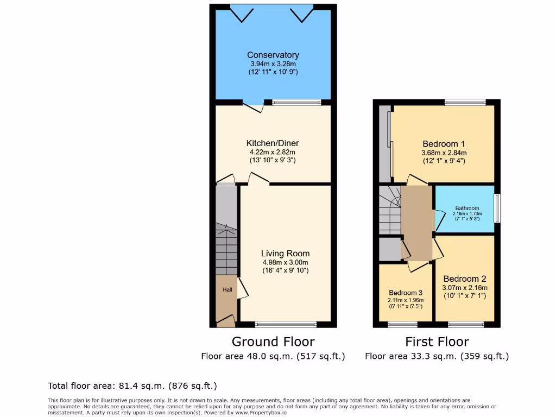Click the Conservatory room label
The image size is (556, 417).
click(x=273, y=55)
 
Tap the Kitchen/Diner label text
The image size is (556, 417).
click(x=273, y=143)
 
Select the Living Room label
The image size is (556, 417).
click(x=285, y=254)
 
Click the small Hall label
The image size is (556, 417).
click(x=227, y=290)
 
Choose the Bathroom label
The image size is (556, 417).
click(x=467, y=208)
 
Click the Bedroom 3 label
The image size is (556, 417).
click(x=406, y=293)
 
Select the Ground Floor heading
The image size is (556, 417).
click(x=273, y=342)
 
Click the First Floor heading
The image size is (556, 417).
click(x=437, y=342)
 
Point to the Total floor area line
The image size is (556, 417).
click(x=132, y=386)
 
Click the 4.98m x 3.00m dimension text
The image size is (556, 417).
click(x=285, y=262)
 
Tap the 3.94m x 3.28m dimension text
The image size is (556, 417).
click(x=273, y=64)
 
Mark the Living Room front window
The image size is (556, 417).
click(x=286, y=325)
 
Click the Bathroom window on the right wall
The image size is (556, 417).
click(x=497, y=208)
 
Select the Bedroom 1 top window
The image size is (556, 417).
click(x=465, y=102)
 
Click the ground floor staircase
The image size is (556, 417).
click(x=226, y=250)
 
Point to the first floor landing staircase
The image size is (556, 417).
click(x=389, y=212)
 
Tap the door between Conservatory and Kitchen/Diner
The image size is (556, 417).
click(x=253, y=106)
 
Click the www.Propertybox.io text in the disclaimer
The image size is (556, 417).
click(x=262, y=413)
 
